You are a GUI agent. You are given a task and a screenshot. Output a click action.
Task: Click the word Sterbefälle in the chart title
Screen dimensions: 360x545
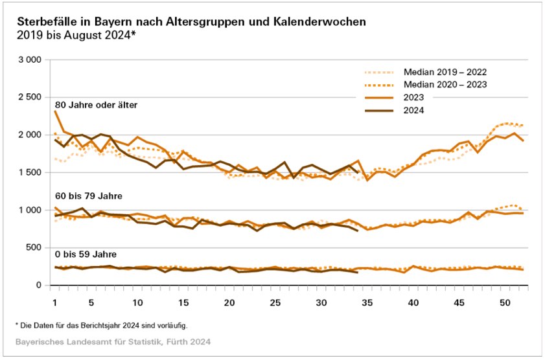(x=45, y=21)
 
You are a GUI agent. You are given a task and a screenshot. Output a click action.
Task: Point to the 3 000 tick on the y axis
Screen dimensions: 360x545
(x=29, y=60)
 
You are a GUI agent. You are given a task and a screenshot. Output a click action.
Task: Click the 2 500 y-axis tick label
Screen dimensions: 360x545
(x=29, y=97)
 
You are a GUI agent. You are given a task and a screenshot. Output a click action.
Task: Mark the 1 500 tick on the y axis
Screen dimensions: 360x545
(x=29, y=172)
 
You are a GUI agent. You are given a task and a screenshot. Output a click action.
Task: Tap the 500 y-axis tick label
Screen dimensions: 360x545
(x=33, y=247)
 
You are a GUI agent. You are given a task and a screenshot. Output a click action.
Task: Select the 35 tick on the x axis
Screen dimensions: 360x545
(x=367, y=303)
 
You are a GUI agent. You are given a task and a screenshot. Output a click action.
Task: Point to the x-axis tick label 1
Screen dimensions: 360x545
(x=55, y=303)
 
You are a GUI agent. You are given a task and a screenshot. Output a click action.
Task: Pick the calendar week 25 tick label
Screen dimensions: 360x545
(x=275, y=303)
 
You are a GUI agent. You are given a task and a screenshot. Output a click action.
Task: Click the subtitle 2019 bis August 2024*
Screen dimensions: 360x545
(x=76, y=34)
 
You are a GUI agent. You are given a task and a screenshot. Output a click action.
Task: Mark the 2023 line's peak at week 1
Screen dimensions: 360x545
(x=55, y=111)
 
